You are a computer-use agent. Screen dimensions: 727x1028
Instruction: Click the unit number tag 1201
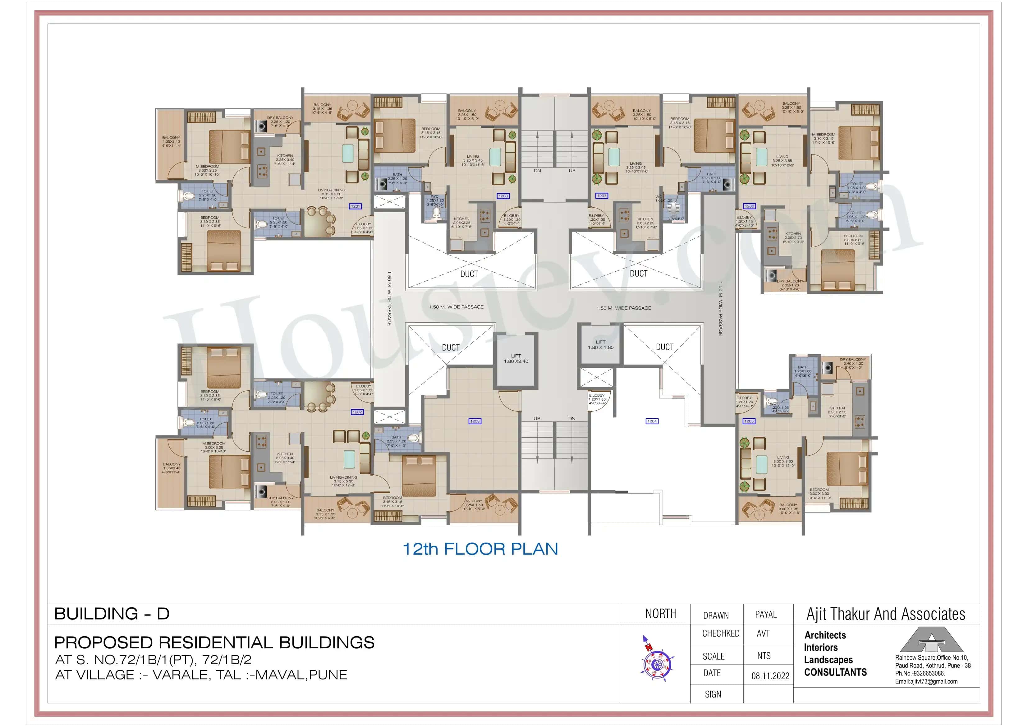(x=355, y=206)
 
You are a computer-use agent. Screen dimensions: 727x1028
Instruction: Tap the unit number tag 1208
(x=503, y=196)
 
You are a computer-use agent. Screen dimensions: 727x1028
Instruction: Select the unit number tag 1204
(x=652, y=421)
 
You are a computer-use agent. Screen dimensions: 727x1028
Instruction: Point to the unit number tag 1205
(x=749, y=421)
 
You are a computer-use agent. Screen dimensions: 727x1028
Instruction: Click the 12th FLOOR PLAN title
(x=480, y=549)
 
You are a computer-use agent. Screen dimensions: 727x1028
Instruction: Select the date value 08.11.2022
(x=770, y=676)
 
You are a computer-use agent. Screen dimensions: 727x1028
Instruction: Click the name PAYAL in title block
(x=766, y=614)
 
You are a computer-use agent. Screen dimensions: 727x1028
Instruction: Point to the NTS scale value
(x=764, y=656)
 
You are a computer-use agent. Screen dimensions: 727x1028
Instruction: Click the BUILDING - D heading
(x=112, y=614)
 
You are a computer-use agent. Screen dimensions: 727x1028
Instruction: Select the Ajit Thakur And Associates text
(x=886, y=614)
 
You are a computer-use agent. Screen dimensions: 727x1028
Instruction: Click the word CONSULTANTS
(x=835, y=672)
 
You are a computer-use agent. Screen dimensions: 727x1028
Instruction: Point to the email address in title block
(x=926, y=681)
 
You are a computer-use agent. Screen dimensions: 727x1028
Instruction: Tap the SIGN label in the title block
(x=713, y=694)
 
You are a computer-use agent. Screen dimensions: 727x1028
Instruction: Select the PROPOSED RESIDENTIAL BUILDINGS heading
(x=214, y=643)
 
